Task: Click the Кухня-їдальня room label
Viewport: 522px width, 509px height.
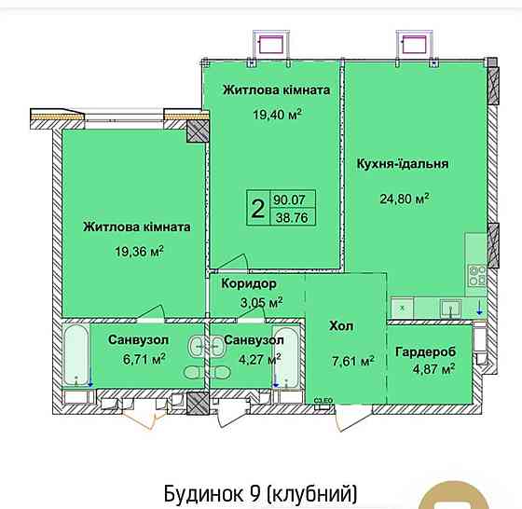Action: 403,163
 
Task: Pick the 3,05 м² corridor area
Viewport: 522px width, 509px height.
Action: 261,302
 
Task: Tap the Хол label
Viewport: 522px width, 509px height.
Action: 341,326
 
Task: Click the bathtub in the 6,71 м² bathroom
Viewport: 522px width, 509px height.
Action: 76,355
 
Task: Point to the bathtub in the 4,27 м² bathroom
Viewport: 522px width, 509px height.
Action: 287,355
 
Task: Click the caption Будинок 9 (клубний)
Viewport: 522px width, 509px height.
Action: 260,492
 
